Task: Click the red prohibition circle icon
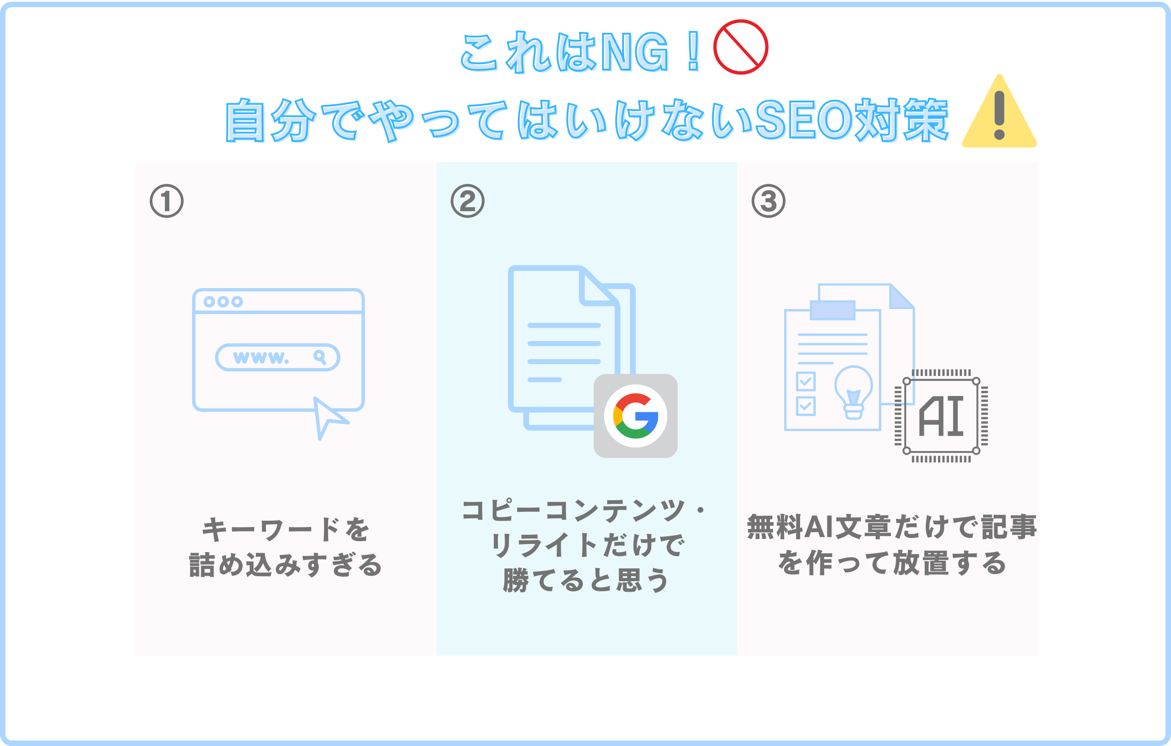(740, 47)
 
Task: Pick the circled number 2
(467, 201)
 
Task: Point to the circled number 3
(768, 201)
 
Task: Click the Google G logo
(636, 416)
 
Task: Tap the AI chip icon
(941, 416)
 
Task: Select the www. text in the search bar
(261, 357)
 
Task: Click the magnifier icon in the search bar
(319, 357)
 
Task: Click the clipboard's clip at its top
(832, 310)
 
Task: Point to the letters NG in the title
(634, 52)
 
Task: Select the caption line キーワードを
(286, 530)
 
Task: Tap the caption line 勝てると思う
(586, 580)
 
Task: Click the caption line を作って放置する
(892, 563)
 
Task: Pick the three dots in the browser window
(223, 301)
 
